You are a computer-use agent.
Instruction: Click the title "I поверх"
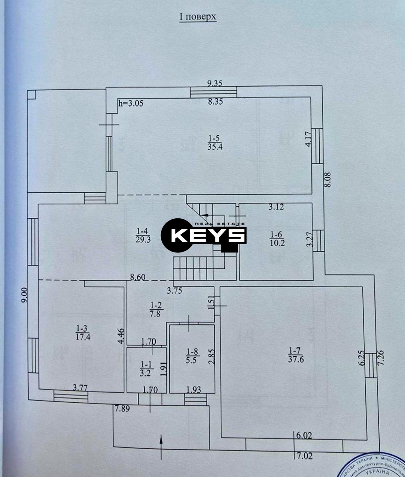tap(198, 17)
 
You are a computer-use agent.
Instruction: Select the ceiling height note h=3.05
tap(131, 103)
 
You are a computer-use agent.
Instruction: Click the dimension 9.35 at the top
tap(215, 83)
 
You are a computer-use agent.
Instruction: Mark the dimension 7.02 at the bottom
tap(305, 456)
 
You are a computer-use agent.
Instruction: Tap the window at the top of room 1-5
tap(213, 92)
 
